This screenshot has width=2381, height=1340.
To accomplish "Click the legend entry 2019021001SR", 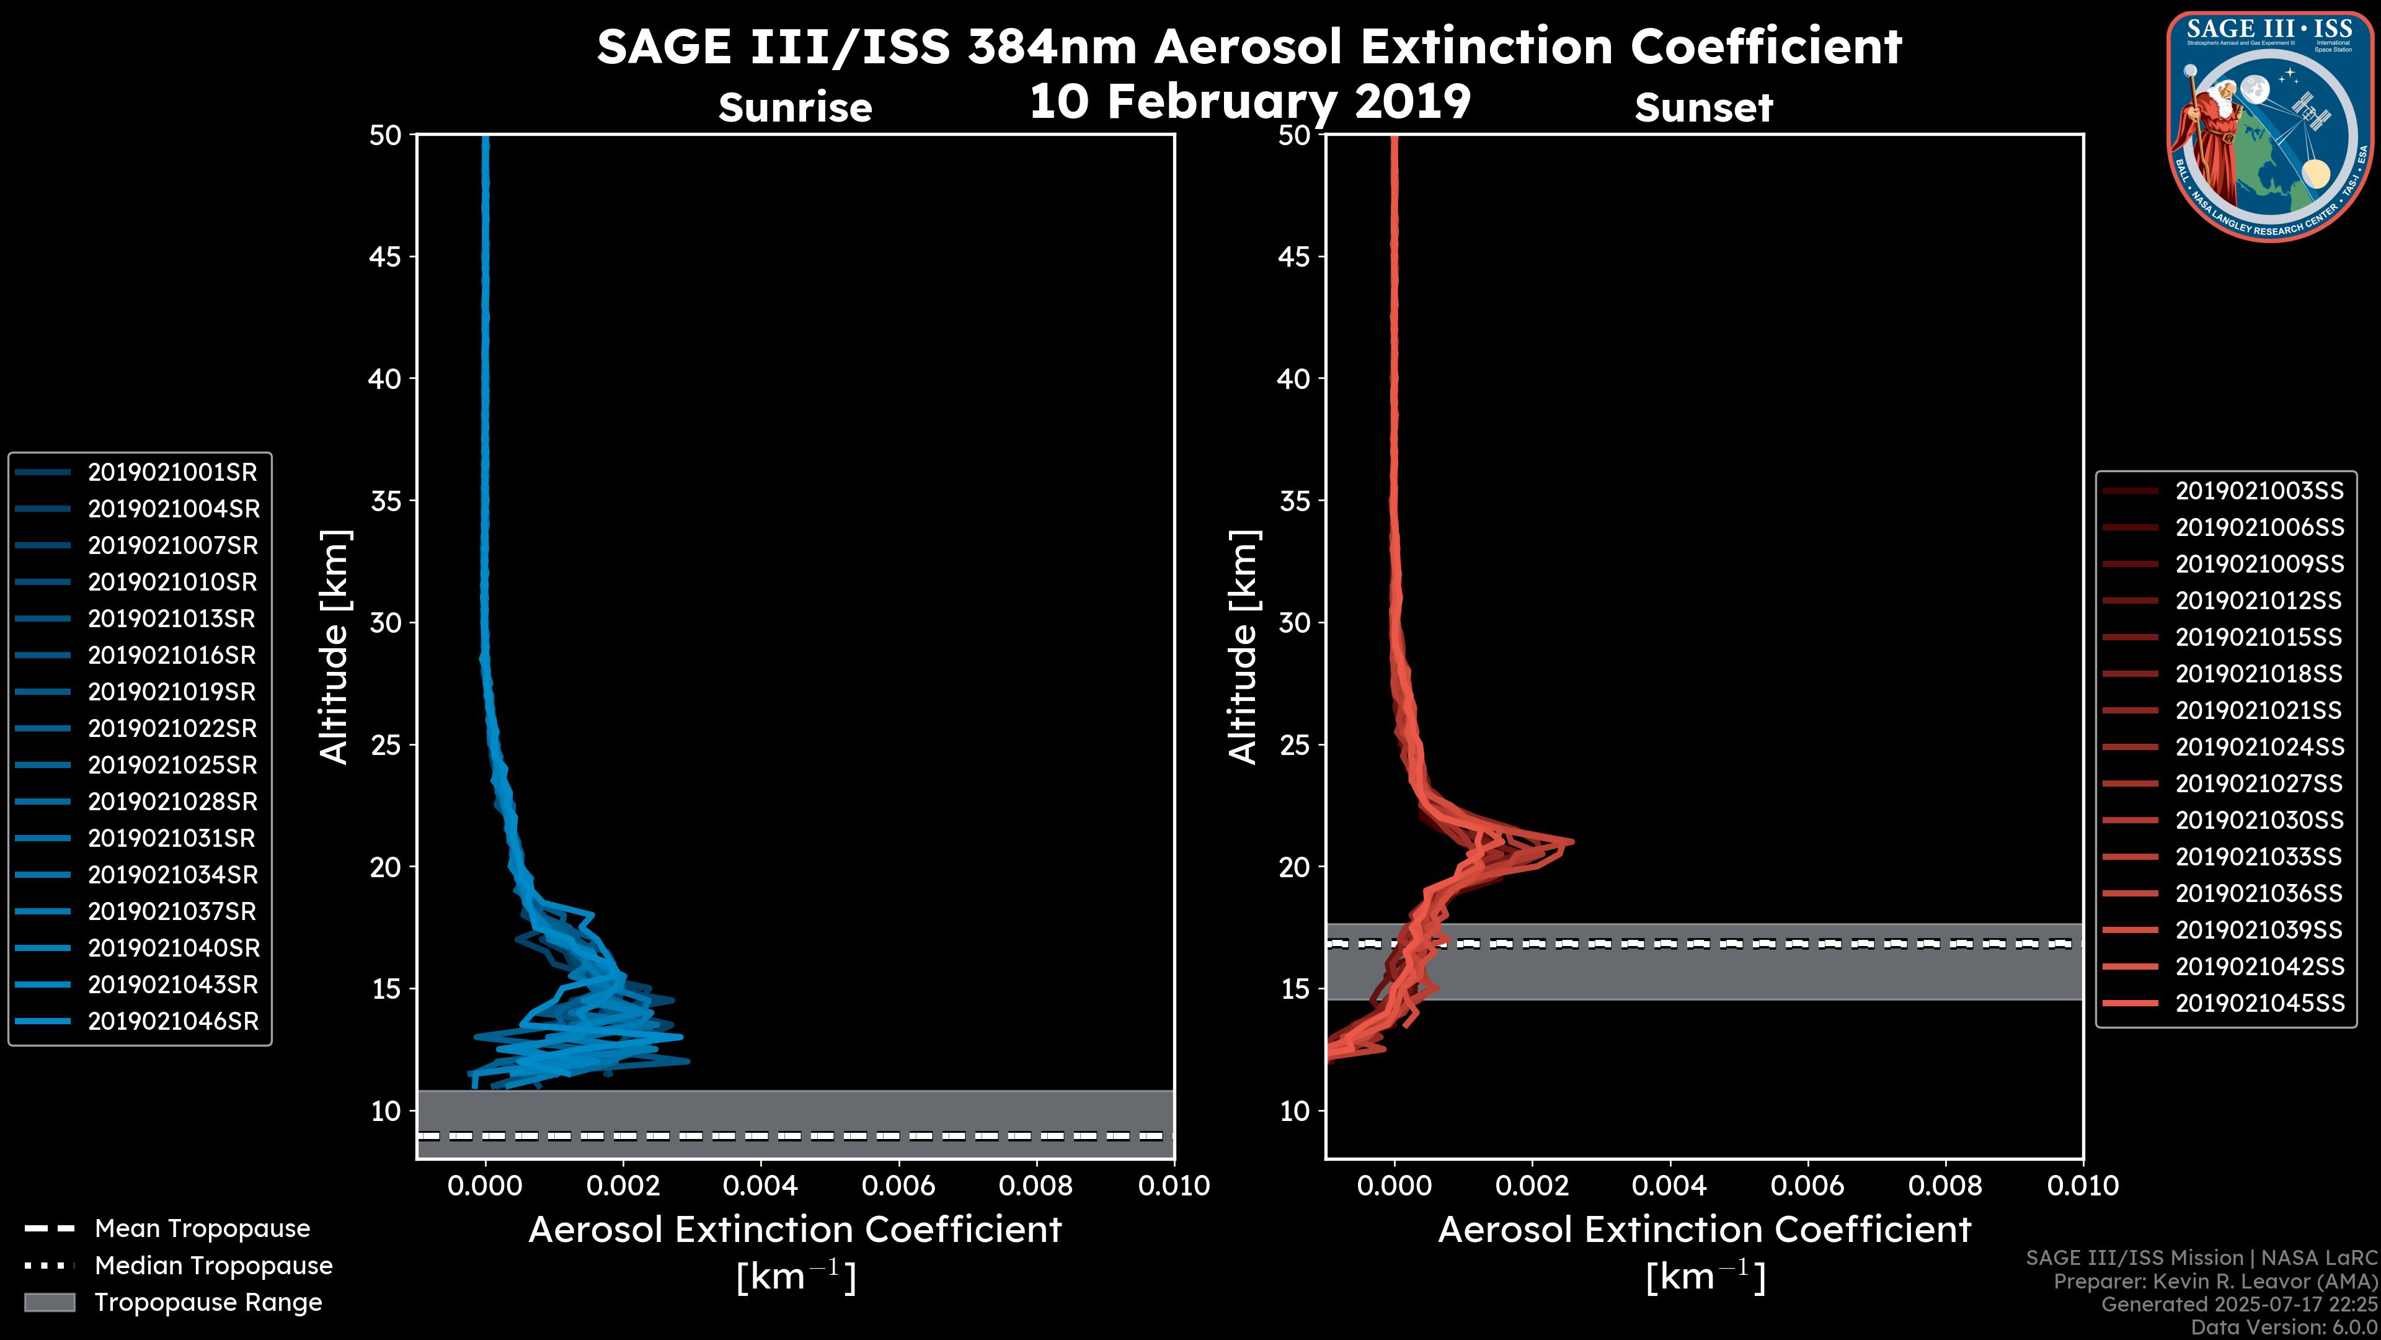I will pos(172,473).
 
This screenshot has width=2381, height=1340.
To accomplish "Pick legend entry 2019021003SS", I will pos(2259,491).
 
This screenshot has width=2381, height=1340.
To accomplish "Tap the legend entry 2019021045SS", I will pos(2259,1003).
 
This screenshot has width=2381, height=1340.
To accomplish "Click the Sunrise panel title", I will pos(795,107).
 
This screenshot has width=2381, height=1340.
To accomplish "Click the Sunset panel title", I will pos(1703,107).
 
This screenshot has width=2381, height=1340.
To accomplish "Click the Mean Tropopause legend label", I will pos(202,1229).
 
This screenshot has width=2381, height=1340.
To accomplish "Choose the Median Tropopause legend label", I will pos(213,1266).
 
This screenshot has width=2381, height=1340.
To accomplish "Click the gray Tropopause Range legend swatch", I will pos(49,1302).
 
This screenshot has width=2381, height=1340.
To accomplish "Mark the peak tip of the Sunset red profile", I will pos(1571,842).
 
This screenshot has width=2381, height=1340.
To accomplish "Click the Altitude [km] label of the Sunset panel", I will pos(1243,647).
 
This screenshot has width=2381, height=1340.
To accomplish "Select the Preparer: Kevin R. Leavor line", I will pos(2215,1282).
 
